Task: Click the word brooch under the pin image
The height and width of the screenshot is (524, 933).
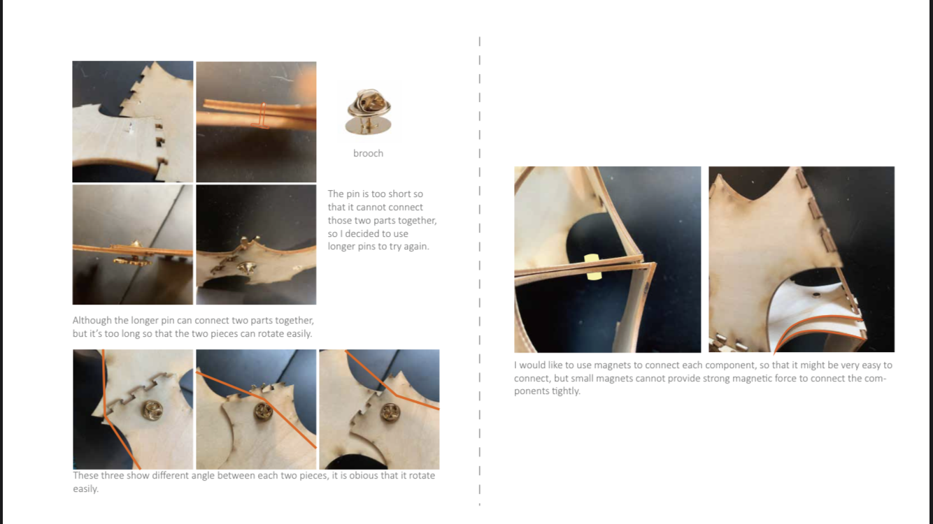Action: click(x=368, y=153)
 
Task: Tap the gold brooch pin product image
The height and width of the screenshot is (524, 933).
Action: click(x=369, y=111)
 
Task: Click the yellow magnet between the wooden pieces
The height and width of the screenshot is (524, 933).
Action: click(x=592, y=267)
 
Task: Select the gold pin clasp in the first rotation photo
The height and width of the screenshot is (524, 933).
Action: click(x=152, y=410)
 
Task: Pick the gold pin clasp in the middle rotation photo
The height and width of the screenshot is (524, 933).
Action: click(x=263, y=411)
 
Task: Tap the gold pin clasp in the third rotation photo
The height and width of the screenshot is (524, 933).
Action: click(x=390, y=412)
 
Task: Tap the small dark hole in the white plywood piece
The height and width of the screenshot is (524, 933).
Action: click(x=816, y=295)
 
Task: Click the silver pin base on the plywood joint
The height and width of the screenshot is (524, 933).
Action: click(x=247, y=268)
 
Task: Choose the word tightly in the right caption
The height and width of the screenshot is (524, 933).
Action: click(x=566, y=391)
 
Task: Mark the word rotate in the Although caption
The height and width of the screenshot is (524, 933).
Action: click(x=271, y=334)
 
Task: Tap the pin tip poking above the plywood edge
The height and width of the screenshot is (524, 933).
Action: click(x=136, y=242)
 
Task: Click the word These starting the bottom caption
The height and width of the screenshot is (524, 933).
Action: click(x=85, y=475)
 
